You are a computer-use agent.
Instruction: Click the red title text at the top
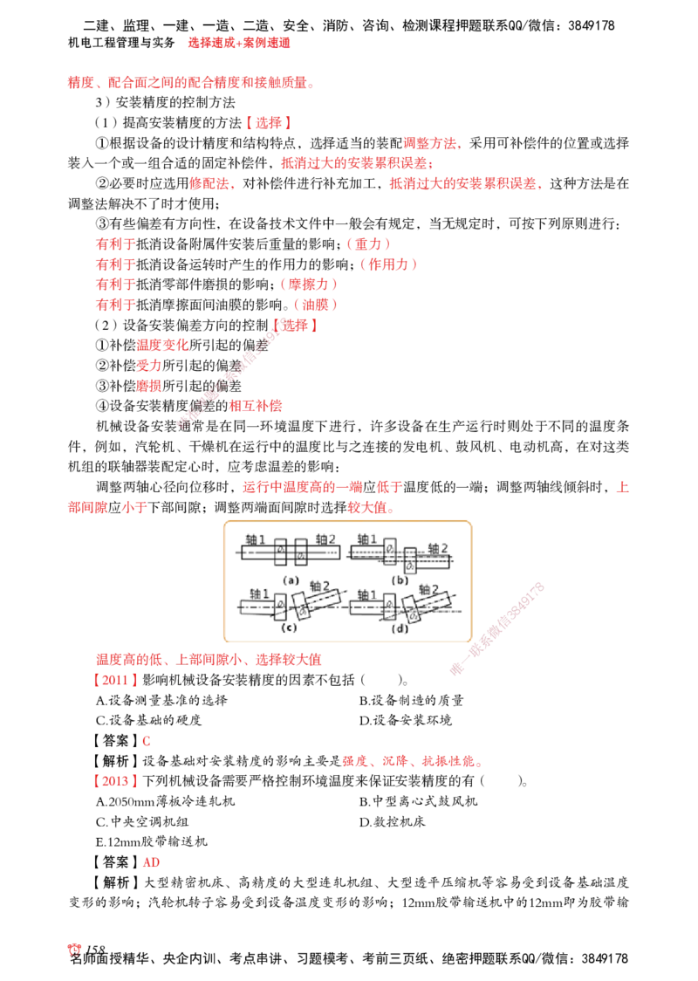[x=237, y=42]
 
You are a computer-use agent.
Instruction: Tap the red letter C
[x=146, y=741]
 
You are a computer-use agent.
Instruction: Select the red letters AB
[x=150, y=863]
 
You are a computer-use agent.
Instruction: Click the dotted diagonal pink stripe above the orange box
[x=225, y=375]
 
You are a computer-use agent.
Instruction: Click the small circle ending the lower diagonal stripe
[x=455, y=669]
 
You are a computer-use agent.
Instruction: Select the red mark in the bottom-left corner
[x=74, y=950]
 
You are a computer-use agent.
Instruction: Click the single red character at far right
[x=623, y=487]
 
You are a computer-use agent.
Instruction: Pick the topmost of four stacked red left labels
[x=114, y=244]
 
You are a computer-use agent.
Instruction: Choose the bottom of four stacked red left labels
[x=114, y=305]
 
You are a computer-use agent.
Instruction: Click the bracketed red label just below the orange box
[x=114, y=680]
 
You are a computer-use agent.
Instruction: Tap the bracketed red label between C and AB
[x=114, y=781]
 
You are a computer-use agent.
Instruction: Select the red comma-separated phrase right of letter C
[x=411, y=762]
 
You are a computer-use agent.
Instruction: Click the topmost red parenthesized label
[x=366, y=244]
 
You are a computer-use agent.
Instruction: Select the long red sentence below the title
[x=188, y=84]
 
